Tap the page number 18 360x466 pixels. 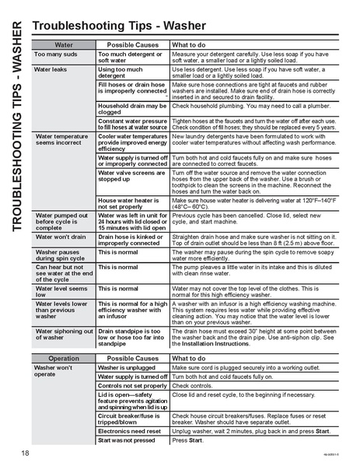[x=26, y=452]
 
